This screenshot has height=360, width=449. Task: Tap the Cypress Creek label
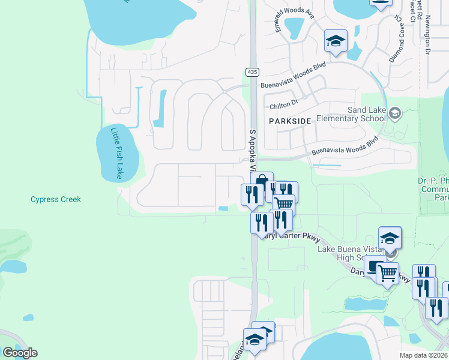pyautogui.click(x=55, y=199)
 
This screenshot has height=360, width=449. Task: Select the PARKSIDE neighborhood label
pyautogui.click(x=290, y=121)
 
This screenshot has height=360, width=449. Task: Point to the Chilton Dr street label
pyautogui.click(x=284, y=105)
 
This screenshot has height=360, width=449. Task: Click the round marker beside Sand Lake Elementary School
pyautogui.click(x=395, y=112)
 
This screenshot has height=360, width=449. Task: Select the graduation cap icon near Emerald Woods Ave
pyautogui.click(x=336, y=41)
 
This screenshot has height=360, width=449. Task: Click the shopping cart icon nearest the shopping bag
pyautogui.click(x=284, y=205)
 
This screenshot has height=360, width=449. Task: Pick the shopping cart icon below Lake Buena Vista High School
pyautogui.click(x=388, y=274)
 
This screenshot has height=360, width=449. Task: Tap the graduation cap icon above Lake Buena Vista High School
pyautogui.click(x=390, y=238)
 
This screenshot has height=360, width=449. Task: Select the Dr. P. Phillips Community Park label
pyautogui.click(x=433, y=188)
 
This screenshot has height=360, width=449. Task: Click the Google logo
pyautogui.click(x=20, y=353)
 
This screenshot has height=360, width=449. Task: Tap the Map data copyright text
pyautogui.click(x=423, y=355)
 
